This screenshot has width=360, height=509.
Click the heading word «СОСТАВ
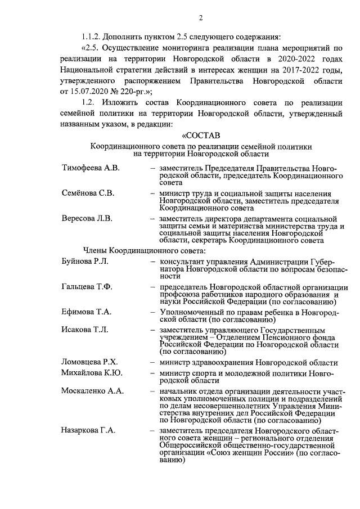pyautogui.click(x=201, y=136)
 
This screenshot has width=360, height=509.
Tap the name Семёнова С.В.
pyautogui.click(x=88, y=193)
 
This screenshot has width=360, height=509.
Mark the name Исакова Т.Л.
pyautogui.click(x=84, y=329)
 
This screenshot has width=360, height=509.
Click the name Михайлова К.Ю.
pyautogui.click(x=92, y=373)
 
